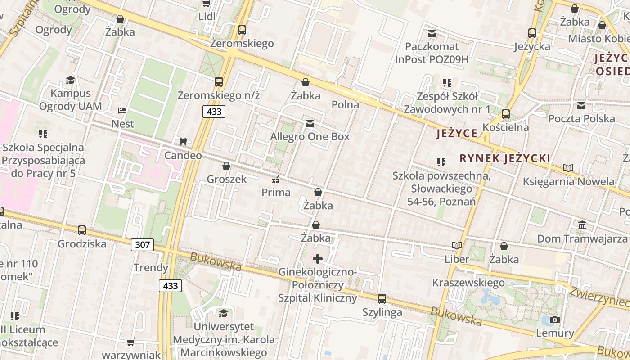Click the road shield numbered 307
coord(143,245)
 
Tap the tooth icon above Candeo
coord(183,142)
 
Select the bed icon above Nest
coord(122,110)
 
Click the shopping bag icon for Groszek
coord(226,166)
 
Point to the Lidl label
coord(207,17)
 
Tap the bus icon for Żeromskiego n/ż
coord(219,82)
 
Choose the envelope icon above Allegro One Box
coord(310,124)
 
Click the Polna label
coord(345,104)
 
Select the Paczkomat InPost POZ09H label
coord(432,53)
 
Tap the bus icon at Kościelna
coord(506,114)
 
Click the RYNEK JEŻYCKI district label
coord(505,158)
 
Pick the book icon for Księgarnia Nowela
coord(568,168)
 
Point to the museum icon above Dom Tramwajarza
coord(582,225)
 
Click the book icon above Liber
coord(457,246)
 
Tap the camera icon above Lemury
coord(555,319)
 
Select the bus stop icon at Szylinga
coord(382,298)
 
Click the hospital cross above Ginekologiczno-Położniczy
coord(318,259)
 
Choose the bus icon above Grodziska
coord(82,230)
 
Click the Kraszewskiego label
coord(468,283)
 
